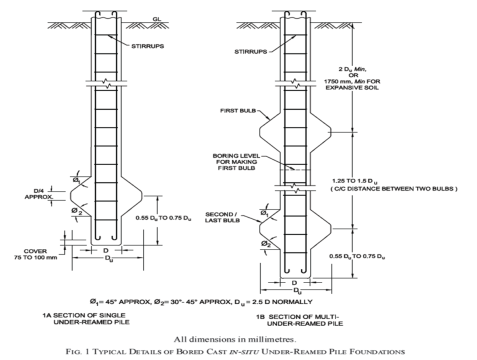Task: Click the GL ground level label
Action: [x=156, y=19]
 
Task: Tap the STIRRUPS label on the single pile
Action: [x=146, y=46]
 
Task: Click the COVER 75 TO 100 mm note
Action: [x=33, y=254]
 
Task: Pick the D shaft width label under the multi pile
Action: [x=294, y=282]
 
